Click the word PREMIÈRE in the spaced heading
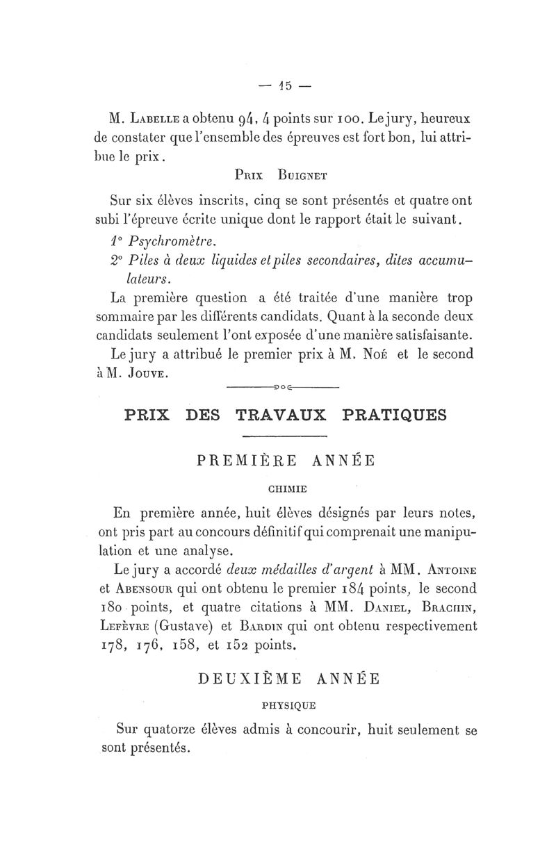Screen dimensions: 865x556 240,461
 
